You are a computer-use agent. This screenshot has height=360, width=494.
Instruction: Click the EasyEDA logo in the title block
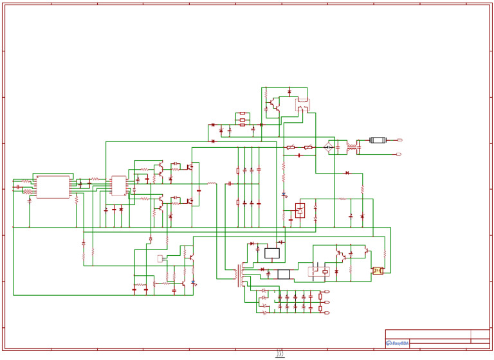tap(397, 343)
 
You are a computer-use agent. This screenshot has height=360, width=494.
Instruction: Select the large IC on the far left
tap(53, 186)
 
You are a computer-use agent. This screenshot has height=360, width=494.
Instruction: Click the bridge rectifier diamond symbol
tap(329, 147)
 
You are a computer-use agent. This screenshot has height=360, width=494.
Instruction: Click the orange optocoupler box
tap(378, 271)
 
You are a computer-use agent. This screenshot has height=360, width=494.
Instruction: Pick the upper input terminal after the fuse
tap(399, 139)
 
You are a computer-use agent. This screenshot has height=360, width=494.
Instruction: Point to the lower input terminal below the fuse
tap(399, 154)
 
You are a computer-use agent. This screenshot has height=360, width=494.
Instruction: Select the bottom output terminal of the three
tap(327, 312)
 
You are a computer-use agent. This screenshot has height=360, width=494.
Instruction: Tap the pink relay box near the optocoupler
tap(319, 271)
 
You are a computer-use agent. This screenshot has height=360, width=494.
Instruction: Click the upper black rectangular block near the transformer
tap(272, 253)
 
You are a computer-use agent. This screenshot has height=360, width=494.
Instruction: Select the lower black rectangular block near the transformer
tap(283, 274)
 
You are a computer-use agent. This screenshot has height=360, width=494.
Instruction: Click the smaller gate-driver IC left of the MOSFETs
tap(118, 186)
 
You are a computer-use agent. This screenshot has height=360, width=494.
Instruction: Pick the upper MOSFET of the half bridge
tap(190, 167)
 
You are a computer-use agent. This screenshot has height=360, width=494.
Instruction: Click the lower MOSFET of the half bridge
tap(190, 201)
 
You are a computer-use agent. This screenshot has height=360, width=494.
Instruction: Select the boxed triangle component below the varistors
tap(300, 210)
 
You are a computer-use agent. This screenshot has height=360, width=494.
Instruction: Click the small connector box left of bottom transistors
tap(160, 258)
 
